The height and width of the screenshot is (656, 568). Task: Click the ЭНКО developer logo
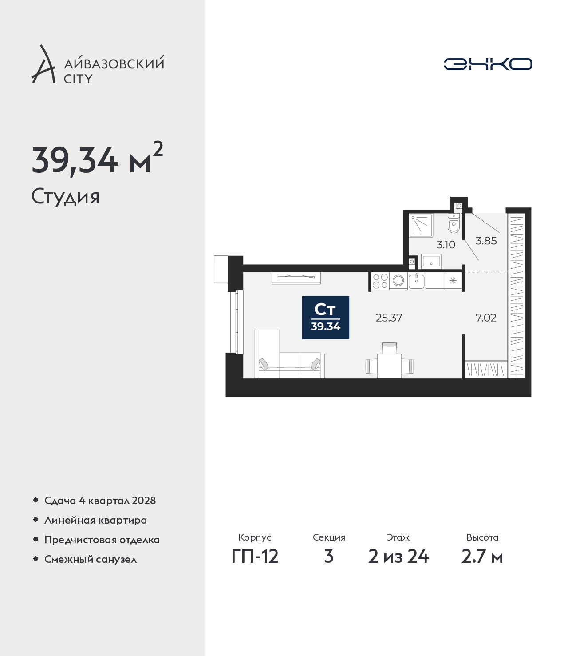point(488,64)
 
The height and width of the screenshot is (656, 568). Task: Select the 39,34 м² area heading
point(97,159)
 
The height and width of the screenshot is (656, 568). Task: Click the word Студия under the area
point(65,197)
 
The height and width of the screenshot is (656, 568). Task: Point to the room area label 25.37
point(389,318)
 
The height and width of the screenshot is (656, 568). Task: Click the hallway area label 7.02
point(486,318)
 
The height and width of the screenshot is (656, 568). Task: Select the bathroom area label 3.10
point(446,244)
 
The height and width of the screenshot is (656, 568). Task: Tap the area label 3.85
point(486,241)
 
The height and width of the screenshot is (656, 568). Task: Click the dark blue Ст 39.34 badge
point(325,318)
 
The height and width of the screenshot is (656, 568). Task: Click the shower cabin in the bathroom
point(421,226)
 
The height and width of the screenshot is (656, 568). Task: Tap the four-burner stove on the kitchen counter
point(380,281)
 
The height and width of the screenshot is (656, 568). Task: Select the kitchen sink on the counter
point(416,281)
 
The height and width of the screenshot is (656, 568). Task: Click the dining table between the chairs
point(390,366)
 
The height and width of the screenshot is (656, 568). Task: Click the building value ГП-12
point(255,556)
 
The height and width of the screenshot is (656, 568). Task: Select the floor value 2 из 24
point(398,556)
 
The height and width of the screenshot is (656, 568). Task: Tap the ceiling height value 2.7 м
point(482,556)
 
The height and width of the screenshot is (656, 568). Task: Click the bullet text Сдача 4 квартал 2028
point(100,501)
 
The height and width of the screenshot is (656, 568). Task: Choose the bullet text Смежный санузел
point(91,559)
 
